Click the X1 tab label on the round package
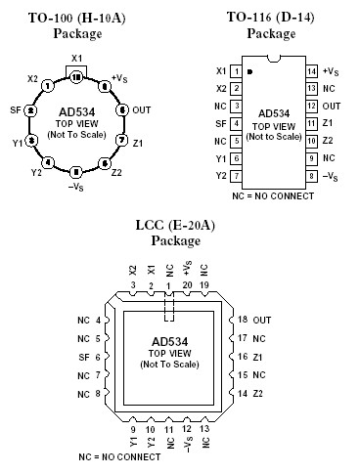[x=77, y=59]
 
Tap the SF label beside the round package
[x=16, y=110]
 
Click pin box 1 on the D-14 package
[x=236, y=71]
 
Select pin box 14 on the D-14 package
[x=312, y=71]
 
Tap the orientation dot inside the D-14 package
[x=250, y=71]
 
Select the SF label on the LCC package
[x=82, y=357]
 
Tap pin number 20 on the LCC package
[x=186, y=284]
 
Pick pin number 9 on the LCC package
[x=133, y=427]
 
